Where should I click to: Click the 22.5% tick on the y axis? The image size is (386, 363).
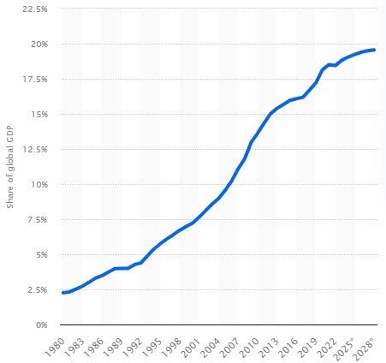(36, 9)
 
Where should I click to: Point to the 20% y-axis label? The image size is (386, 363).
(39, 44)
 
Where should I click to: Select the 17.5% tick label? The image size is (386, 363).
(36, 79)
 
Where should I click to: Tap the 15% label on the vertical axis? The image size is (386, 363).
(39, 114)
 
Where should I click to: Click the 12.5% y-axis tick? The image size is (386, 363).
(36, 149)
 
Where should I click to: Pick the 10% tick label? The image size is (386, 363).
(39, 184)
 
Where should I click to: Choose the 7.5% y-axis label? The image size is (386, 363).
(38, 219)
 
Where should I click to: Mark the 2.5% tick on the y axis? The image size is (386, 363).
(38, 289)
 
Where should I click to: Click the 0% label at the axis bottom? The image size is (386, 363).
(41, 324)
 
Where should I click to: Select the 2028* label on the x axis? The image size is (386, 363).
(365, 344)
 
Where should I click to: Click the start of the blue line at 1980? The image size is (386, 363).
(62, 293)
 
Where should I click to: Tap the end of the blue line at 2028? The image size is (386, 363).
(374, 50)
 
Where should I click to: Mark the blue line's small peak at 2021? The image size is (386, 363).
(329, 64)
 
